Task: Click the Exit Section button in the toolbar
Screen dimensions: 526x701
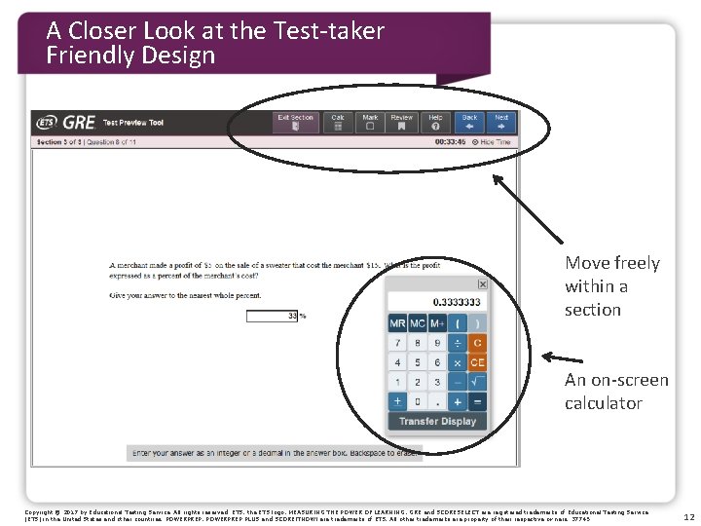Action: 295,122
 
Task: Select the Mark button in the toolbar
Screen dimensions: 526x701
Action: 370,122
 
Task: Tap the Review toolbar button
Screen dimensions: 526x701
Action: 401,122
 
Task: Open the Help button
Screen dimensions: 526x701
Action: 435,122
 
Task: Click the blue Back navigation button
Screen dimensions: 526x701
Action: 469,122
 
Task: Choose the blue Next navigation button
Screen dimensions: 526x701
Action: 501,122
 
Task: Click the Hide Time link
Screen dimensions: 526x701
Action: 495,142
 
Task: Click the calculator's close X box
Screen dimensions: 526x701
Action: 482,284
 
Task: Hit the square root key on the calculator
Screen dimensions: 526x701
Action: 477,382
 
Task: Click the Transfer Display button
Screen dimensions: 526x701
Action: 437,421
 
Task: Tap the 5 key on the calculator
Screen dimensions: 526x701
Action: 417,362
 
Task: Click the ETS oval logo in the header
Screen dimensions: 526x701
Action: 47,123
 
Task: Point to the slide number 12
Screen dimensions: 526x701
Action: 688,517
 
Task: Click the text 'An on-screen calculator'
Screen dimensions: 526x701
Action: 616,392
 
